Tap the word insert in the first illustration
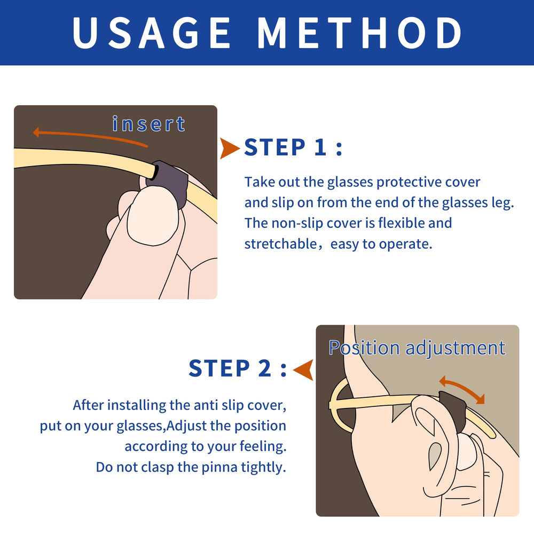[149, 124]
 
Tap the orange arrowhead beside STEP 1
[230, 148]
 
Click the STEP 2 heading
[237, 368]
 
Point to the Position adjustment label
[417, 348]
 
